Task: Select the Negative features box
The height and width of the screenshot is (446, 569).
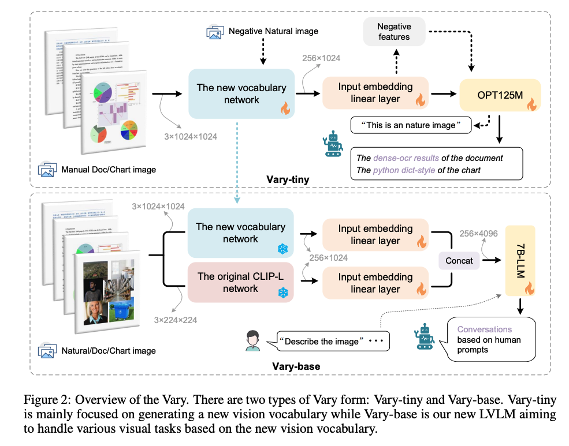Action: tap(393, 31)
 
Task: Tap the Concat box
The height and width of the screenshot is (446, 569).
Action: tap(459, 261)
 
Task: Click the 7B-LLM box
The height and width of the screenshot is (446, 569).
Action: tap(519, 263)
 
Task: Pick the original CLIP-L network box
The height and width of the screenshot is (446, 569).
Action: tap(240, 282)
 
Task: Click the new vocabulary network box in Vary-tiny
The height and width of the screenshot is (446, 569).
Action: tap(241, 94)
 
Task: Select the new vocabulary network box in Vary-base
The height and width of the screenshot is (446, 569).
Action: tap(240, 233)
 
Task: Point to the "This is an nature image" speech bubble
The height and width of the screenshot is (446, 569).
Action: tap(411, 125)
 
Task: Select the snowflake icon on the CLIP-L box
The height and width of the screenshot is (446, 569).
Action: tap(283, 293)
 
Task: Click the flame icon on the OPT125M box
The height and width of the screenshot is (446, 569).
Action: tap(530, 105)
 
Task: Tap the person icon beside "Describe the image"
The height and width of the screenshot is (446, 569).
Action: tap(251, 341)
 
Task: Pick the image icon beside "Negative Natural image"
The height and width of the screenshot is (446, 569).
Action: tap(215, 31)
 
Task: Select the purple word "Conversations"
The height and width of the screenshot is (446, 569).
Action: tap(484, 329)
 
